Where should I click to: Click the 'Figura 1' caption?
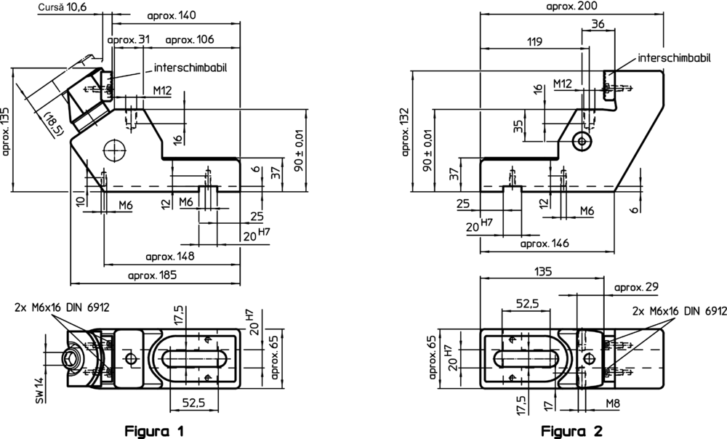coord(154,431)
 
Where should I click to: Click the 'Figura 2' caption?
coord(571,431)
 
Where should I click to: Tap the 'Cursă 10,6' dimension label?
coord(62,7)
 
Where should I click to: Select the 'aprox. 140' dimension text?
coord(172,15)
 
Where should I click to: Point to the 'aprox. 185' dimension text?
coord(152,275)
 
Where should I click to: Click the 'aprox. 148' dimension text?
coord(169,257)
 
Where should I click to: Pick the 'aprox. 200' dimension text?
coord(571,6)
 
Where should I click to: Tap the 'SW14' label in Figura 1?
coord(40,390)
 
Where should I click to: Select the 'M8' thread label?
coord(613,404)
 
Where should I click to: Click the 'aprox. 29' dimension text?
coord(636,287)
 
